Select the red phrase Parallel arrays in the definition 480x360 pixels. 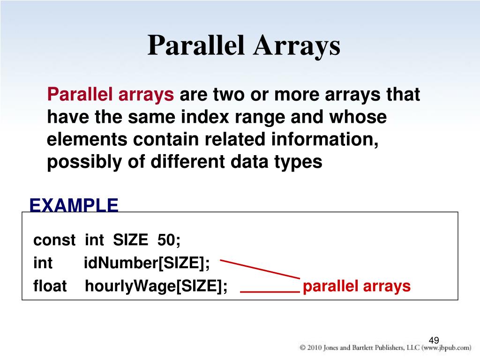pyautogui.click(x=111, y=95)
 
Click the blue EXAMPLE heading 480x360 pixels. pyautogui.click(x=74, y=205)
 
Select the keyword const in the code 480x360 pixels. pyautogui.click(x=54, y=240)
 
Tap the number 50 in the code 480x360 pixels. pyautogui.click(x=166, y=240)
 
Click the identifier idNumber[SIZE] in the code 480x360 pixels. pyautogui.click(x=147, y=263)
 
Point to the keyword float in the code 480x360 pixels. pyautogui.click(x=50, y=286)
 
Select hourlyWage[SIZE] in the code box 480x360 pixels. pyautogui.click(x=156, y=286)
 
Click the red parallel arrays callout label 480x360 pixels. pyautogui.click(x=357, y=286)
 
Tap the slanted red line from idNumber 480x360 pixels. pyautogui.click(x=260, y=269)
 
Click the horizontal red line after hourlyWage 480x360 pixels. pyautogui.click(x=270, y=292)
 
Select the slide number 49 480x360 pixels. pyautogui.click(x=434, y=340)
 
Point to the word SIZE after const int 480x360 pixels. pyautogui.click(x=130, y=240)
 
